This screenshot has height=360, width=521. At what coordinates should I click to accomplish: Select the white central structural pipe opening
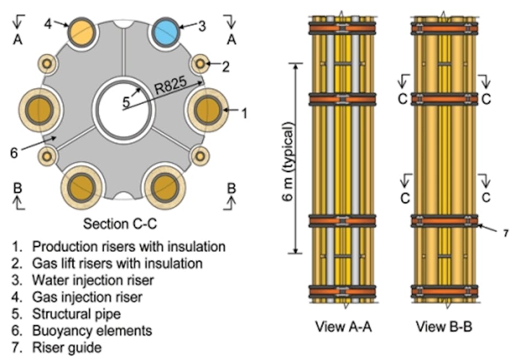coord(123,106)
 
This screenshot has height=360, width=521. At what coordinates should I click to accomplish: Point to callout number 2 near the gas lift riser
coord(225,66)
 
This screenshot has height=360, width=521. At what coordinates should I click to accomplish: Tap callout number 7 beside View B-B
coord(505,233)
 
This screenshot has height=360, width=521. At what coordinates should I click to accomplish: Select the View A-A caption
coord(342,328)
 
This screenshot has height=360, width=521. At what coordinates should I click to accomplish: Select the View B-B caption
coord(444,328)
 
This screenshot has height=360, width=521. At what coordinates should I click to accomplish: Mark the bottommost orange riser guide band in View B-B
coord(445,290)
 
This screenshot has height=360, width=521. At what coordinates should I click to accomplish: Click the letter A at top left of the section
coord(18,39)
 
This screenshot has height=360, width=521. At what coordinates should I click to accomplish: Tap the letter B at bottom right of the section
coord(231,188)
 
